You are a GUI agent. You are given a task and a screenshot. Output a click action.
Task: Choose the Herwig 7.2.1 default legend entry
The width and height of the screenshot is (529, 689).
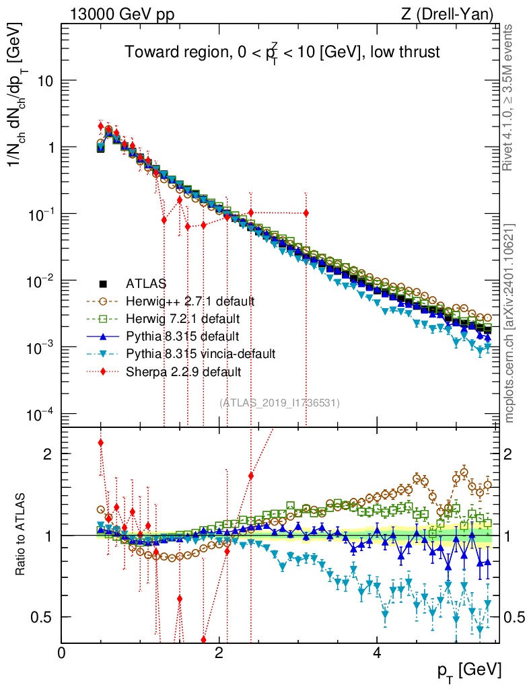point(182,318)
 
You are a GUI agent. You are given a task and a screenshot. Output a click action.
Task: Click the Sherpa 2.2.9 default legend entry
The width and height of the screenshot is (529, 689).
point(179,371)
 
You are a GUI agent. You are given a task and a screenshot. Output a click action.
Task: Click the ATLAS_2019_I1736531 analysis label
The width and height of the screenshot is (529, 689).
point(279,402)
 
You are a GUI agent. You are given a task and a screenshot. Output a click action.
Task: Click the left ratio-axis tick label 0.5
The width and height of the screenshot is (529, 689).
point(43,617)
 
